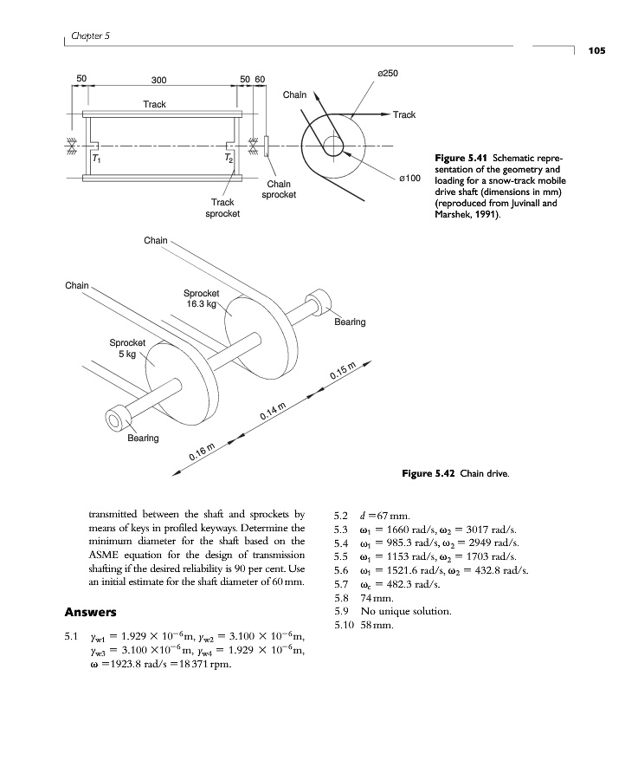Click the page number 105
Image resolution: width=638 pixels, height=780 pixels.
[x=596, y=50]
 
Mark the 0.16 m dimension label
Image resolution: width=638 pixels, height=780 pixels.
[x=203, y=452]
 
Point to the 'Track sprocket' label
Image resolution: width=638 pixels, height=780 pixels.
[x=222, y=207]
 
